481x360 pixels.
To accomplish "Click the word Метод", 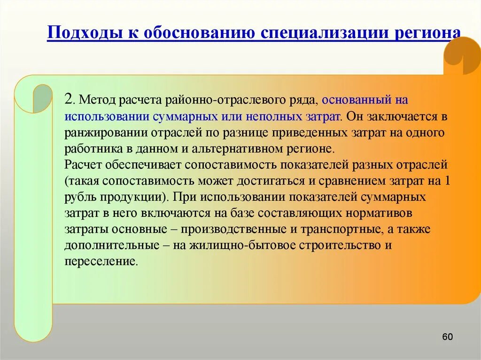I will pos(97,100).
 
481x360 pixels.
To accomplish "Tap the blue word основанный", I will pos(356,100).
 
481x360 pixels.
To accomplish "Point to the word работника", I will pos(91,149).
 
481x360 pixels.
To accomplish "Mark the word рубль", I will pos(80,196).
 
